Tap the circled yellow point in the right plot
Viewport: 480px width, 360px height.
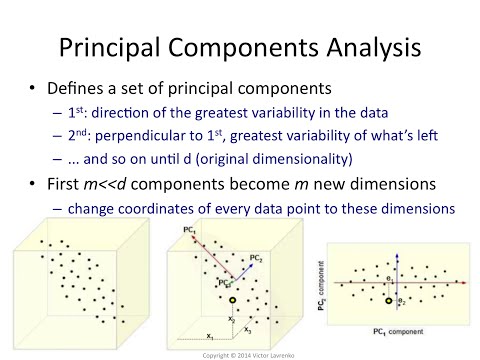point(387,299)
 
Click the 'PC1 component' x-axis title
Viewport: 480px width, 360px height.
point(394,331)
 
